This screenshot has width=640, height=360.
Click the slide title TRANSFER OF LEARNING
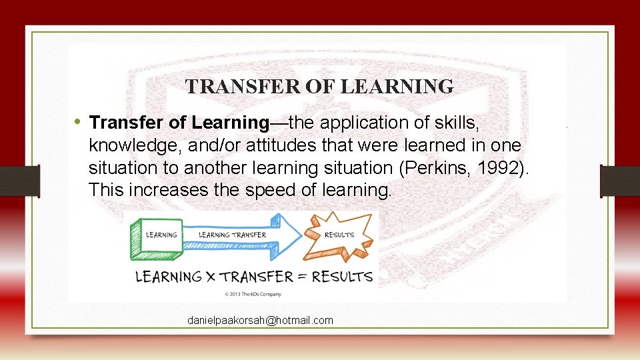coord(319,87)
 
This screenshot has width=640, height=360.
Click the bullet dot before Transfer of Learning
coord(78,122)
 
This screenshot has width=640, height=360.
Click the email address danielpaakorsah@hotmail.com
coord(260,321)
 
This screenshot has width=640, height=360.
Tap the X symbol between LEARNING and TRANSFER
coord(210,276)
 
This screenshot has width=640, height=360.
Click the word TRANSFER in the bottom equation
coord(257,276)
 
